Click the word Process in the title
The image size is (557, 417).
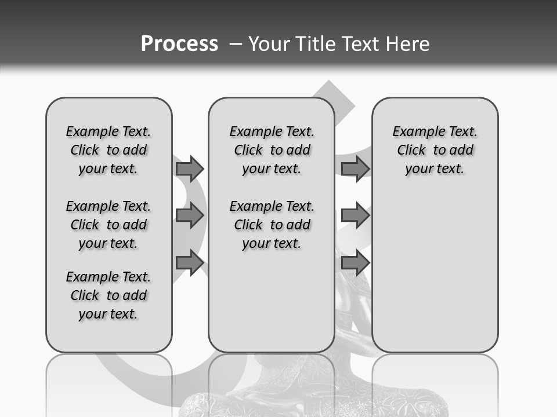(x=179, y=44)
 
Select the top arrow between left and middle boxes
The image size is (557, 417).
(x=190, y=169)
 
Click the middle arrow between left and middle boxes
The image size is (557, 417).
(x=190, y=215)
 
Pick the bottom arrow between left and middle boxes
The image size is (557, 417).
(x=190, y=263)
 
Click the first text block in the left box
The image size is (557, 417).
(x=108, y=150)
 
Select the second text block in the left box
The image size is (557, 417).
(x=108, y=225)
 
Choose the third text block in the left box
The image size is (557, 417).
(x=108, y=295)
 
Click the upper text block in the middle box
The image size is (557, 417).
(x=272, y=150)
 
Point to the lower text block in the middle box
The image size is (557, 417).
(x=272, y=225)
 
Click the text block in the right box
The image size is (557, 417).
(x=435, y=150)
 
